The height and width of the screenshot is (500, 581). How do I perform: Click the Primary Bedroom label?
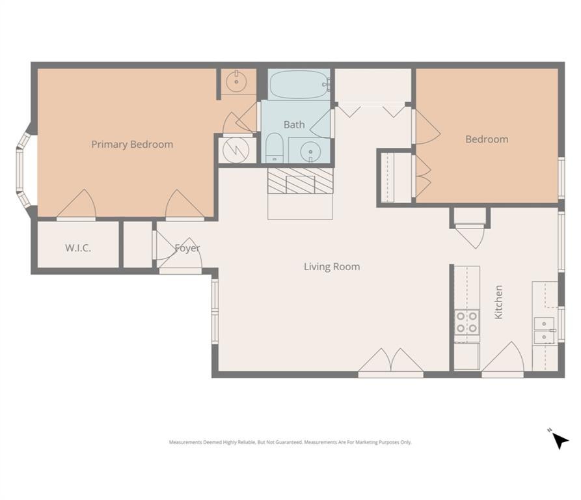click(132, 144)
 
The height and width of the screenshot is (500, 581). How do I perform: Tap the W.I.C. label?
click(78, 248)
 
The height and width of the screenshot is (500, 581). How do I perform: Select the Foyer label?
click(187, 248)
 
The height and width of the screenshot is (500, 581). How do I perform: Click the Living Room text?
click(332, 266)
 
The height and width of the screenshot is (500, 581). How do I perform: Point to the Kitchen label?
click(498, 302)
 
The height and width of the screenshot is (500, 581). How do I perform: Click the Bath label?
click(294, 124)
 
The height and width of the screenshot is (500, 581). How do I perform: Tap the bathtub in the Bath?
click(299, 85)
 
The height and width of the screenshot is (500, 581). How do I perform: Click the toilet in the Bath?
click(275, 148)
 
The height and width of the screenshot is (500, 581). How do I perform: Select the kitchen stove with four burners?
click(467, 322)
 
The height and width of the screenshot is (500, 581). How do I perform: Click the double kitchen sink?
click(544, 330)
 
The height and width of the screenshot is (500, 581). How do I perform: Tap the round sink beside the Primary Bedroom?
click(236, 81)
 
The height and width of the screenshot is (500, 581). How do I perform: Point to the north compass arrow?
click(560, 441)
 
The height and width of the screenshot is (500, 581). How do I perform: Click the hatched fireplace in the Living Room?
click(300, 181)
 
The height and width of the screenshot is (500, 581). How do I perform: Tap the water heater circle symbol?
click(236, 150)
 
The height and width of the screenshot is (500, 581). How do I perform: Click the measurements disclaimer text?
click(290, 442)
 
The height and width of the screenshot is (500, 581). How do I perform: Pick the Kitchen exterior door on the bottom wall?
click(503, 359)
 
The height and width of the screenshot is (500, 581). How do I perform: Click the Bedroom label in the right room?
click(487, 139)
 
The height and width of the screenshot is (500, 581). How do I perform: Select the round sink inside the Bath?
click(310, 151)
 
